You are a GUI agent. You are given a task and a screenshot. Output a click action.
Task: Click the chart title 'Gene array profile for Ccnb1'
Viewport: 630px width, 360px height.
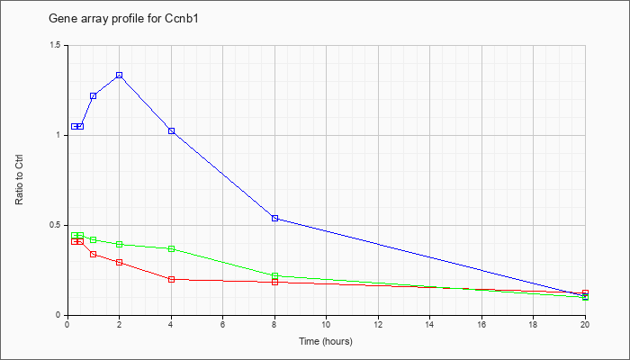click(x=123, y=19)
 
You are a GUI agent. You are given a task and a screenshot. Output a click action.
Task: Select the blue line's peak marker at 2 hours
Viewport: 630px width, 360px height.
click(x=120, y=75)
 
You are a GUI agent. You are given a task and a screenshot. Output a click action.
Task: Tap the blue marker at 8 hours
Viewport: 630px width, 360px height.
click(x=274, y=218)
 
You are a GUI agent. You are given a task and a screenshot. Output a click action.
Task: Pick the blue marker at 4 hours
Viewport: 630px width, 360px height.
click(x=172, y=131)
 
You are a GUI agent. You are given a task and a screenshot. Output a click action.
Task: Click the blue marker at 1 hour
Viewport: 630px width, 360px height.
click(x=94, y=96)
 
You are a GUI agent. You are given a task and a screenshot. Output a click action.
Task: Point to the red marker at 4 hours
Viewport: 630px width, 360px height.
click(x=172, y=279)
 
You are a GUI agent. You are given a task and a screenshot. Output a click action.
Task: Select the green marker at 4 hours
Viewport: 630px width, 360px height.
click(x=172, y=249)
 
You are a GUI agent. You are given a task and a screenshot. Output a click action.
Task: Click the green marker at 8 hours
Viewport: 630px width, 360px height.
click(x=274, y=276)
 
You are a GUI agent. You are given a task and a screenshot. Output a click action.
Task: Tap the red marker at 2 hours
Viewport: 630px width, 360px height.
click(x=120, y=263)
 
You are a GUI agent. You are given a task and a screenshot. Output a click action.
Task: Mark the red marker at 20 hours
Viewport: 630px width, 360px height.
click(x=585, y=292)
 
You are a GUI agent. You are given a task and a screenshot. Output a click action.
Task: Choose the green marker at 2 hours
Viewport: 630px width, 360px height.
click(x=120, y=244)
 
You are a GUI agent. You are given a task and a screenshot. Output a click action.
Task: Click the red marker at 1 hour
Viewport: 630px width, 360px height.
click(x=94, y=255)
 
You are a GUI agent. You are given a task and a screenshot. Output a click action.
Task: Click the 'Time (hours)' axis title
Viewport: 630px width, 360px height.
click(x=326, y=341)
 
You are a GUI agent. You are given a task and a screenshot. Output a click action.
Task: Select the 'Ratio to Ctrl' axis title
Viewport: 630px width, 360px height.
click(x=19, y=179)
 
